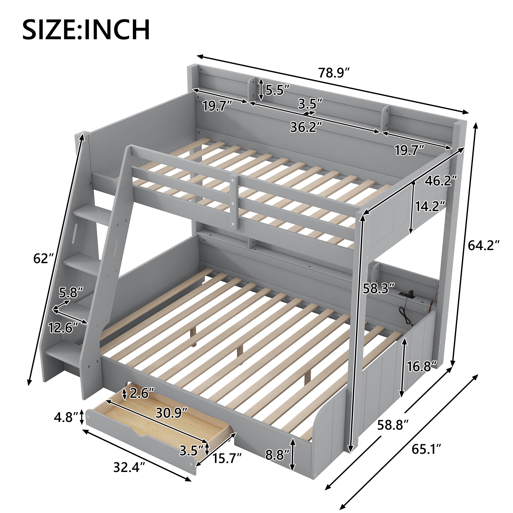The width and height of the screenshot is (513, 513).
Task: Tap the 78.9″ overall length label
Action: coord(334,73)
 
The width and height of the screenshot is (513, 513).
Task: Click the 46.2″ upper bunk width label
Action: coord(440,181)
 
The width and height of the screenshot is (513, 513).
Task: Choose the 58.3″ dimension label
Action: coord(379,288)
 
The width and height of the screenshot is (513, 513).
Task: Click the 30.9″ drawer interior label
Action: coord(172,412)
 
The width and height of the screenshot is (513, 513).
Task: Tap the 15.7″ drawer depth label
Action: coord(227,458)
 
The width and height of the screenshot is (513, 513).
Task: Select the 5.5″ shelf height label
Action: coord(278,91)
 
